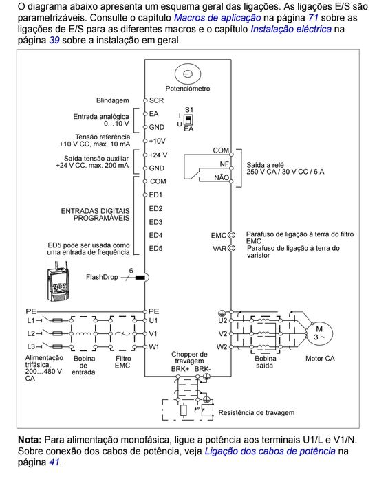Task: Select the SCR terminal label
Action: (x=156, y=100)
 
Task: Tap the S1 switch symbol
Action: (x=188, y=118)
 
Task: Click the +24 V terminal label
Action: (x=158, y=155)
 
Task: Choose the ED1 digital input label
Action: (x=155, y=195)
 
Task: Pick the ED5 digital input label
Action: (x=155, y=248)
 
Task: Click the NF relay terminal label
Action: (x=224, y=164)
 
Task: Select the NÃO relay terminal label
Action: (x=222, y=177)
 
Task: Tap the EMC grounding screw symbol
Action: (x=232, y=235)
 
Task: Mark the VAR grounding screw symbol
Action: (x=232, y=247)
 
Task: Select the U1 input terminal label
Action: (x=154, y=320)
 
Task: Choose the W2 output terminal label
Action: (x=222, y=346)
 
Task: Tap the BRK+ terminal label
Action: (x=180, y=369)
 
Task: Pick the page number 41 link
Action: (x=54, y=462)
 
